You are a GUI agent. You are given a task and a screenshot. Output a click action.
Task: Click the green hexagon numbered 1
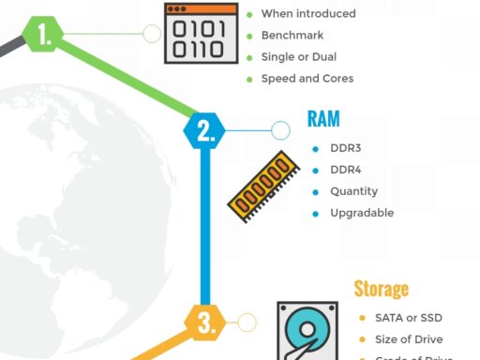(x=43, y=35)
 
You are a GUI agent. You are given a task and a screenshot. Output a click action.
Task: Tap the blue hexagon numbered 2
(x=204, y=130)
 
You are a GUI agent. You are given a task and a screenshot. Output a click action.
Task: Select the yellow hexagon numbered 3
(x=205, y=322)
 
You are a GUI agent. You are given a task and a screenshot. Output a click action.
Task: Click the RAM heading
(x=323, y=119)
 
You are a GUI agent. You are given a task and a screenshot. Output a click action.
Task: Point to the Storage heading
(x=381, y=289)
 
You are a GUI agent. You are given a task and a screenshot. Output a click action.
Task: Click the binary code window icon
(x=200, y=32)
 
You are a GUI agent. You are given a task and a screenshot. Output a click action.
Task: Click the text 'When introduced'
(x=308, y=14)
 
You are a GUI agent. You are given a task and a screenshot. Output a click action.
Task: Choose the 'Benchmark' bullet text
(x=292, y=36)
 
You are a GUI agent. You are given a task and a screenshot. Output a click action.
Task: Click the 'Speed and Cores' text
(x=307, y=79)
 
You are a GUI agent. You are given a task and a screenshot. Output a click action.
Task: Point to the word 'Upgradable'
(x=361, y=213)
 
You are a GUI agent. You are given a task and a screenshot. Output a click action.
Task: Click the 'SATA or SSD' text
(x=407, y=318)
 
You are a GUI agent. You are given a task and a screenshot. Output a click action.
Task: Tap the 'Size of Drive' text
(x=409, y=339)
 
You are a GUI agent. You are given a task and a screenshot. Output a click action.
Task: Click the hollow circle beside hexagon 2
(x=280, y=130)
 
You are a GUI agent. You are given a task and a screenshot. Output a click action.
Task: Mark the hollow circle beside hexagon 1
(x=151, y=35)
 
